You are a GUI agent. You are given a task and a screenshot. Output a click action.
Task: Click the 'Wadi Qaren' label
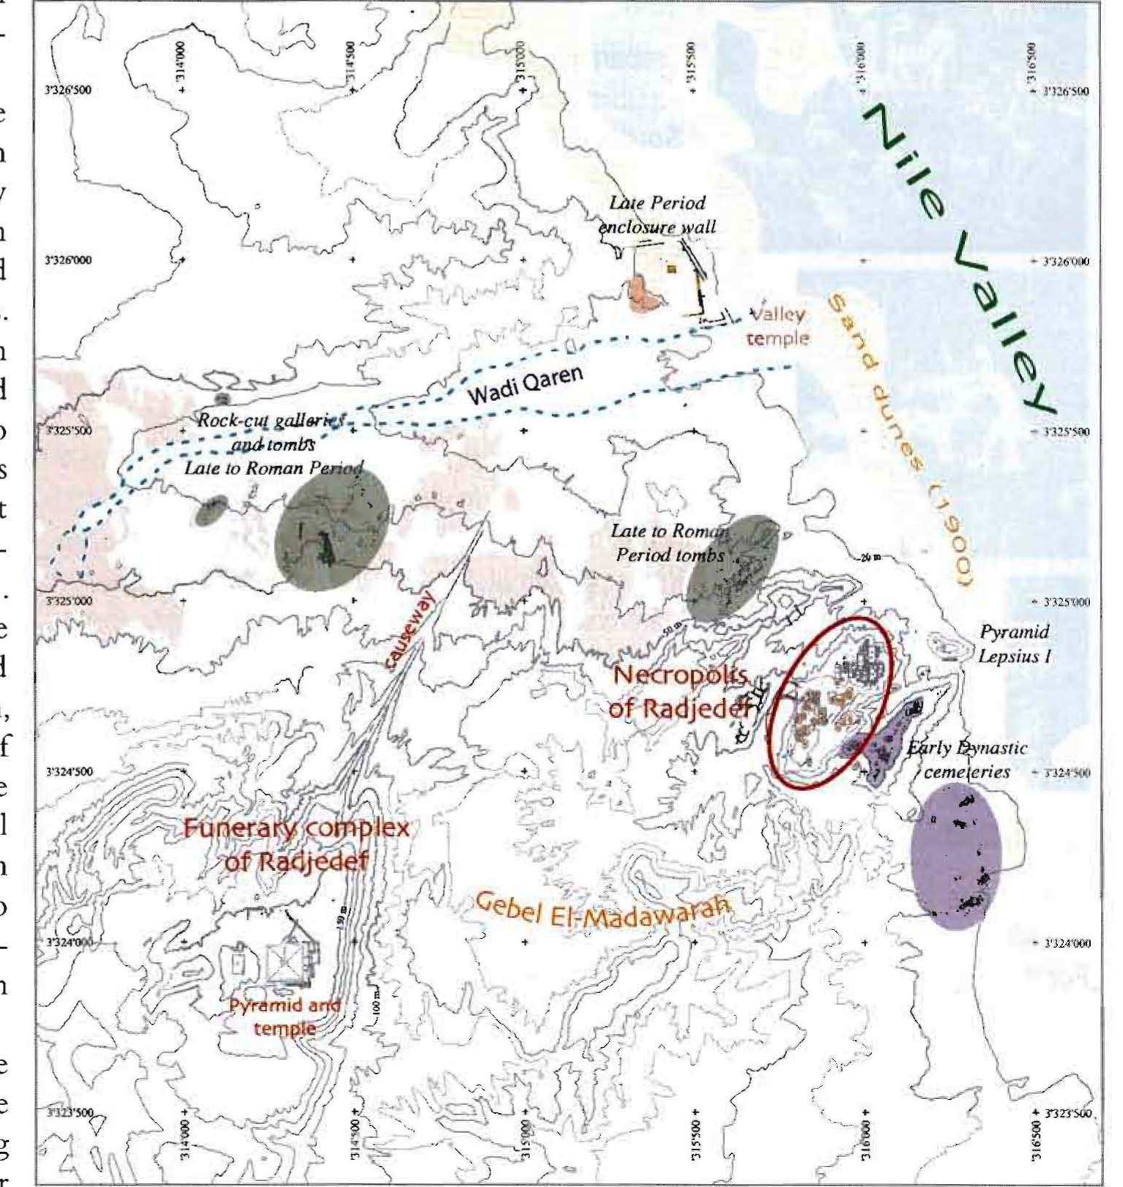pos(525,386)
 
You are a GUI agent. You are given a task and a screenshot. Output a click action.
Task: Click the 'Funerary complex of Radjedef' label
pos(296,845)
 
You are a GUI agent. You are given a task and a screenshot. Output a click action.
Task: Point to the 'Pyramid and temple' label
pos(284,1017)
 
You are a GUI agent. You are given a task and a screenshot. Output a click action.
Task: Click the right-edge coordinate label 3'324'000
pos(1065,943)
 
